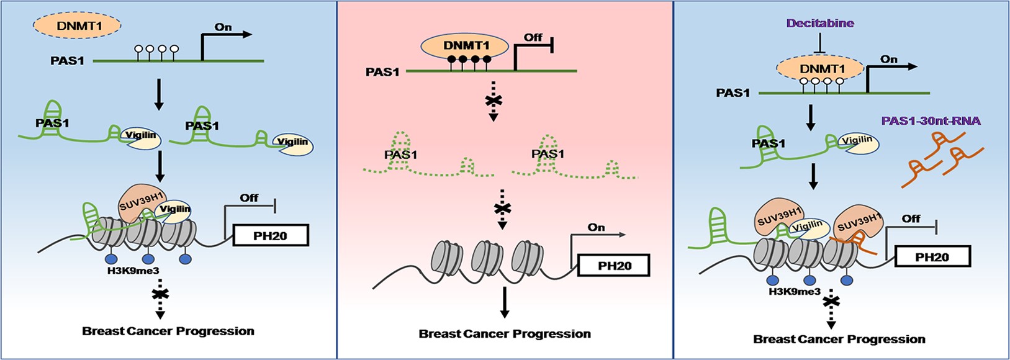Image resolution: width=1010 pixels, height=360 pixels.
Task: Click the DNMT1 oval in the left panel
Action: (x=76, y=26)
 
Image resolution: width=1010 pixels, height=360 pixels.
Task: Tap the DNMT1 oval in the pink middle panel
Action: (x=466, y=45)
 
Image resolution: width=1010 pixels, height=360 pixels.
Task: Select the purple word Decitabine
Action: (x=820, y=24)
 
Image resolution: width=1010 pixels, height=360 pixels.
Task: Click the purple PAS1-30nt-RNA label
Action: (x=931, y=120)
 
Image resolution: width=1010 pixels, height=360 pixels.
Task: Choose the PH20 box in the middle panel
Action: (x=614, y=266)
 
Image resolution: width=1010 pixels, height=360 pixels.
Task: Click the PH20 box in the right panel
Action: (x=931, y=256)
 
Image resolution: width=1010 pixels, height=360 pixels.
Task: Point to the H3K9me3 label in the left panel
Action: (x=133, y=271)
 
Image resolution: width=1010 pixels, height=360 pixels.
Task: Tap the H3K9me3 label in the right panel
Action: (x=794, y=291)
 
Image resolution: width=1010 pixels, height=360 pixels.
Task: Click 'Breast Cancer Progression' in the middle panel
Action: (x=505, y=334)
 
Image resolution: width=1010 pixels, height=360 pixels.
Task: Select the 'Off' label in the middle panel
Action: (x=533, y=38)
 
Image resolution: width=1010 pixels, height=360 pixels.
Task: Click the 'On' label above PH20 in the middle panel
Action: (x=596, y=228)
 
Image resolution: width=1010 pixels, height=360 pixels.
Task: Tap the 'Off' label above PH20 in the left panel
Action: (x=249, y=198)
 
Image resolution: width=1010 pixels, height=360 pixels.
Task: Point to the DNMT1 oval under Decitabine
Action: (x=821, y=69)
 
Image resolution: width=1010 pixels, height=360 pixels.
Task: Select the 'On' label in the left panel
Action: (x=223, y=27)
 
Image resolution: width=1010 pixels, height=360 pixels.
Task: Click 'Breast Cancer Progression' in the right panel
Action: (x=839, y=340)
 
